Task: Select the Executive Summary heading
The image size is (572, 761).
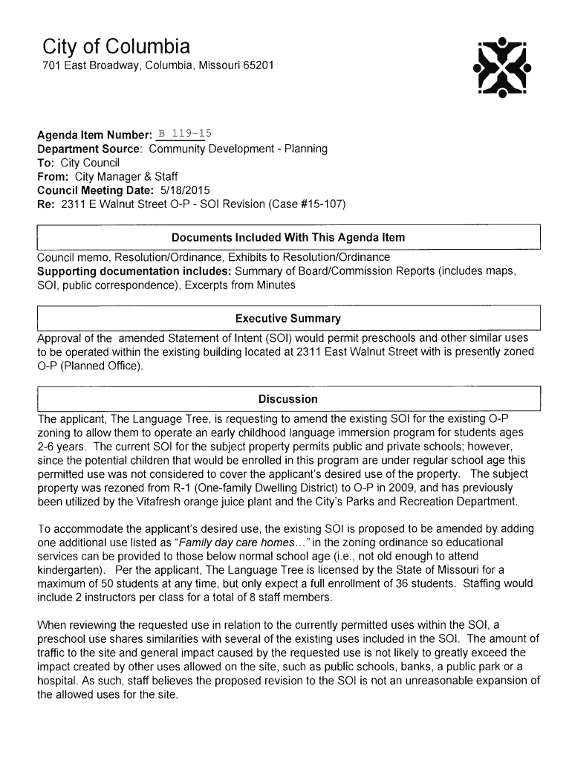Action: (x=288, y=319)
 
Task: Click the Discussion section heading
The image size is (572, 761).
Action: (x=288, y=399)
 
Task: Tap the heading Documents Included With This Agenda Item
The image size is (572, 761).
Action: (x=288, y=238)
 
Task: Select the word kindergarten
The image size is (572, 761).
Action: (x=68, y=570)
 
